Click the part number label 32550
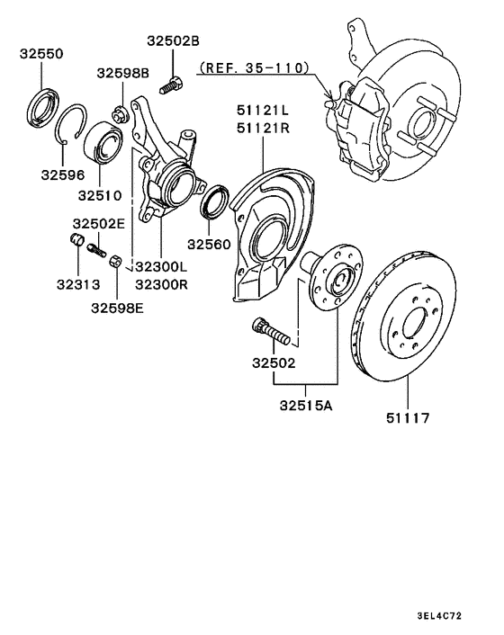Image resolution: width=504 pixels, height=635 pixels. pyautogui.click(x=41, y=54)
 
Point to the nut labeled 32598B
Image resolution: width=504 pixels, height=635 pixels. pyautogui.click(x=118, y=112)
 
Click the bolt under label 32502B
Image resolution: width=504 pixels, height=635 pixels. pyautogui.click(x=169, y=87)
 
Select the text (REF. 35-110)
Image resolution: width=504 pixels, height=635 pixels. pyautogui.click(x=255, y=67)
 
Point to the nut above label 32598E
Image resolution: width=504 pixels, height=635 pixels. pyautogui.click(x=115, y=261)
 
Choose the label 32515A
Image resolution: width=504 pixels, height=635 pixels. pyautogui.click(x=305, y=406)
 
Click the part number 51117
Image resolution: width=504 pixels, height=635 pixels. pyautogui.click(x=408, y=418)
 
